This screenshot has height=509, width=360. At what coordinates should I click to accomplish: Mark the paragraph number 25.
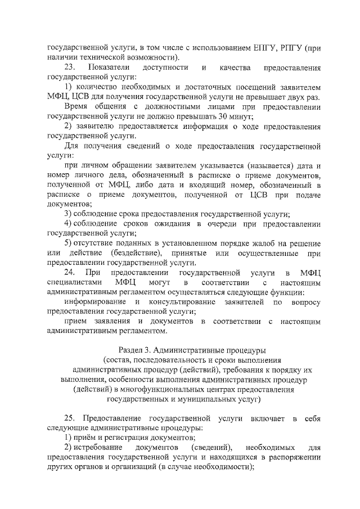coord(70,418)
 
